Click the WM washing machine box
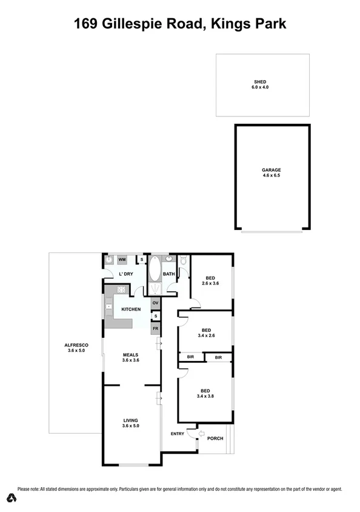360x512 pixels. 122,260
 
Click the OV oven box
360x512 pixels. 155,303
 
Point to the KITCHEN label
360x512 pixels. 131,310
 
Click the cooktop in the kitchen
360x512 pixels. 108,307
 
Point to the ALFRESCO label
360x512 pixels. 77,345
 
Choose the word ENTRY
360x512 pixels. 178,433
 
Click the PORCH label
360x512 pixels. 215,439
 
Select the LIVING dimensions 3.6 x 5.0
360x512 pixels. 131,426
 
